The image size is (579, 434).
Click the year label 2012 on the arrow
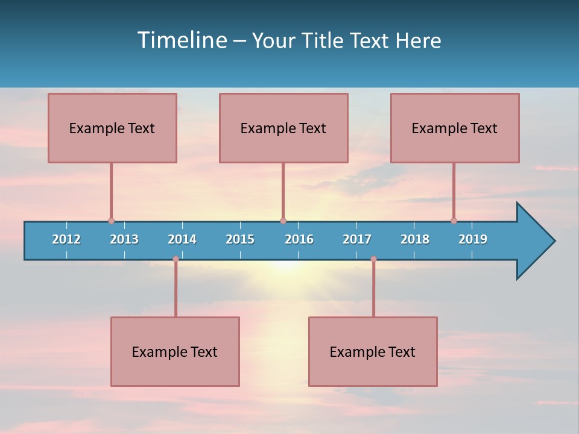click(x=66, y=239)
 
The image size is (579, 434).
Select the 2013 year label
click(x=124, y=239)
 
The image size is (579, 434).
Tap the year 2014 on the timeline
click(x=182, y=239)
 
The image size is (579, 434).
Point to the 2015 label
click(x=240, y=239)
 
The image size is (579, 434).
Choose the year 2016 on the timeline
click(x=299, y=239)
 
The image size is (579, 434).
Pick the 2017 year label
click(x=357, y=239)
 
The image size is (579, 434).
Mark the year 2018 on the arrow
click(x=415, y=239)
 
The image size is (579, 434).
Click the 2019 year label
click(x=473, y=239)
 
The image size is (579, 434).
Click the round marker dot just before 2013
click(x=111, y=221)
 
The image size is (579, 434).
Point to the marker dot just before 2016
click(x=283, y=221)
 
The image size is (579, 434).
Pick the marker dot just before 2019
click(x=454, y=221)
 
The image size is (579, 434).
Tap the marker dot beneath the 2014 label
click(x=176, y=259)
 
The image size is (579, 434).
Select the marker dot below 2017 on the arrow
click(x=373, y=259)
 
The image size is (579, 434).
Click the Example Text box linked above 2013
click(x=112, y=128)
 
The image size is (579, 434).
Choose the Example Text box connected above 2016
click(x=283, y=128)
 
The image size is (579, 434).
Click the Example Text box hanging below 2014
click(x=175, y=351)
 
